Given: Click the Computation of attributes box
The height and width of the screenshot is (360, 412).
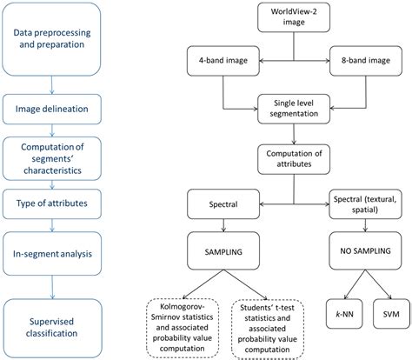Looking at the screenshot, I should pyautogui.click(x=293, y=160).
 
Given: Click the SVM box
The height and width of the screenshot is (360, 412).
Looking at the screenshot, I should pyautogui.click(x=391, y=313).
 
